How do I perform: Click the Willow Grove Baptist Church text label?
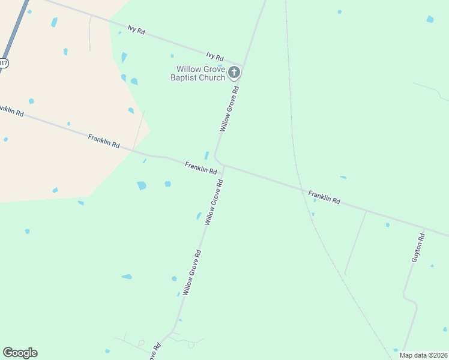197,73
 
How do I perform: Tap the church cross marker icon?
234,73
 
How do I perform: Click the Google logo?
20,353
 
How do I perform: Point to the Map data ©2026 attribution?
423,355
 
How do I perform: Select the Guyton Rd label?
418,248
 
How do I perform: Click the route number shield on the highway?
4,63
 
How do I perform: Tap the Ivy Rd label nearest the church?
214,58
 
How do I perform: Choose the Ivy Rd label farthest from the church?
136,29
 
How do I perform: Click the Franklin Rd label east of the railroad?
324,197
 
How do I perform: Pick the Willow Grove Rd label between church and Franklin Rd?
229,109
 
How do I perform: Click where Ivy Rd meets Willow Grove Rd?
243,65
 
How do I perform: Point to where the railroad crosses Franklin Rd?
299,188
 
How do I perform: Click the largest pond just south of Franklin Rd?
142,185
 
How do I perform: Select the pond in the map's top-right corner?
430,19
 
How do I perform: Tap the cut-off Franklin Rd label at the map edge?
11,110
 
